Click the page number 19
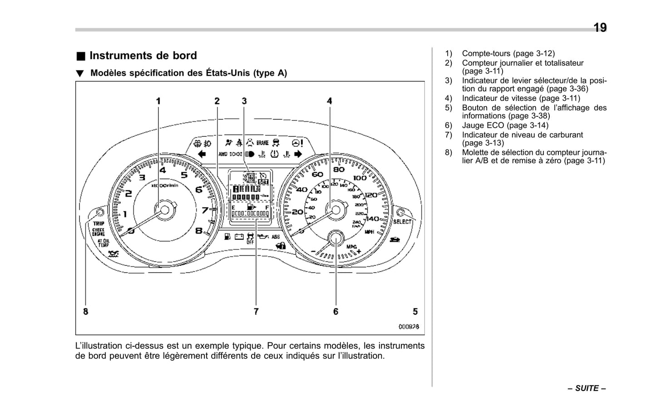[600, 28]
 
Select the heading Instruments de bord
[143, 55]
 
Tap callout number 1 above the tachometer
[158, 101]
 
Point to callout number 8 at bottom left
[86, 311]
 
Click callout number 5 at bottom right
[415, 311]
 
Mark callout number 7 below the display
[256, 311]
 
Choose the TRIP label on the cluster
[99, 224]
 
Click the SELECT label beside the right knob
[402, 222]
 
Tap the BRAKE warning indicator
[262, 143]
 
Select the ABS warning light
[276, 237]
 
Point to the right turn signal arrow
[298, 154]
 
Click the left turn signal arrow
[202, 154]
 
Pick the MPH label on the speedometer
[370, 232]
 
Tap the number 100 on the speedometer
[360, 178]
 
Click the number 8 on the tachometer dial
[199, 230]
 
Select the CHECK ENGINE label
[99, 232]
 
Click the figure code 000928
[409, 326]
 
